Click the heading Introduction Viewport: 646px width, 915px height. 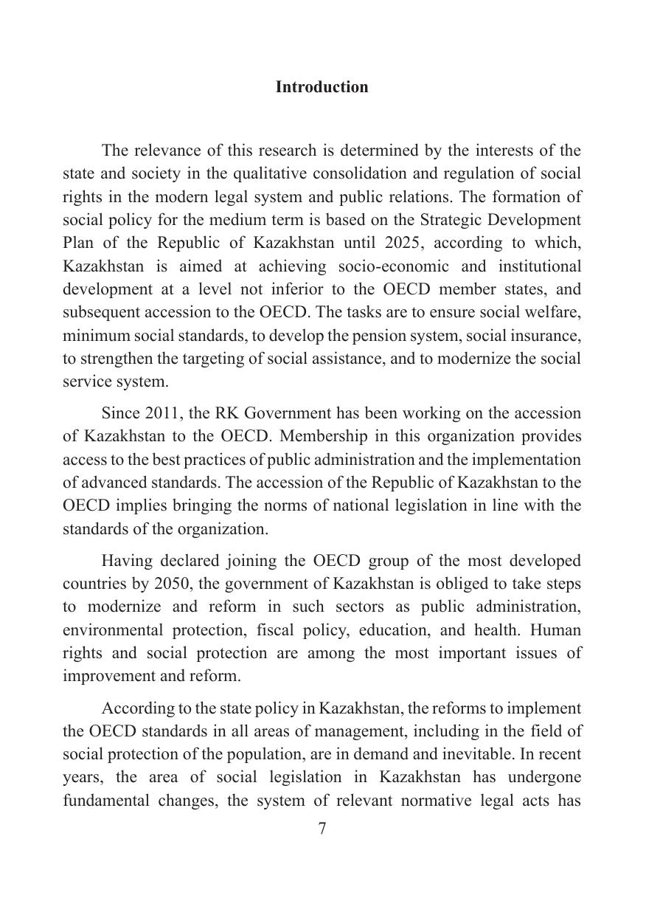coord(322,87)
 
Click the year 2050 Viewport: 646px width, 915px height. coord(173,584)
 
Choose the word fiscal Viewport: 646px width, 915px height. coord(291,630)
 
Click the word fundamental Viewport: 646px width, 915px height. coord(104,801)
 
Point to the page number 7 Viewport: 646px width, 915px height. coord(322,829)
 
